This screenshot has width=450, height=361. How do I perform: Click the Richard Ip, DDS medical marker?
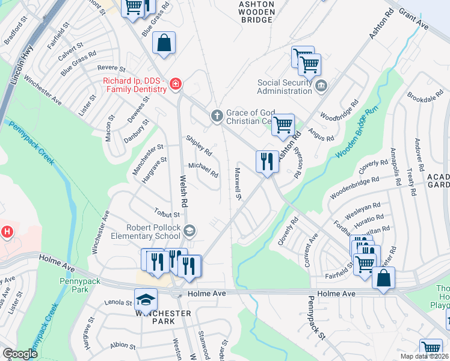point(175,84)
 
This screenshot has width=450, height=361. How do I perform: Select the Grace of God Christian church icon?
point(217,114)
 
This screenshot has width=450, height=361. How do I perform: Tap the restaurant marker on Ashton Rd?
point(267,161)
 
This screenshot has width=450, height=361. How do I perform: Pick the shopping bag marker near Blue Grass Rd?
point(164,43)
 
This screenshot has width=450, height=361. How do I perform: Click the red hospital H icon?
point(7,231)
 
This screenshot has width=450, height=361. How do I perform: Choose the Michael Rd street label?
point(203,170)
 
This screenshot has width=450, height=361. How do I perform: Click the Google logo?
point(20,354)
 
